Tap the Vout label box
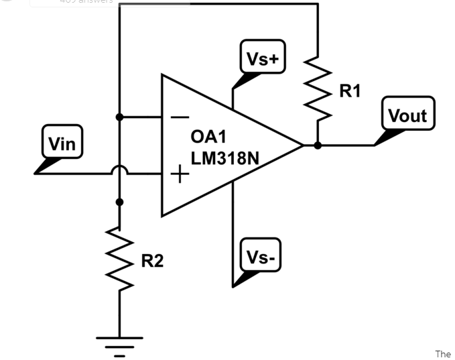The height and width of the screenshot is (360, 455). (408, 115)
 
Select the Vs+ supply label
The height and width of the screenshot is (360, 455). (263, 58)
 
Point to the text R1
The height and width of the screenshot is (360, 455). (350, 91)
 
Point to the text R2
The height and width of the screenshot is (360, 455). (152, 261)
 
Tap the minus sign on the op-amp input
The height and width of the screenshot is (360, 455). (180, 117)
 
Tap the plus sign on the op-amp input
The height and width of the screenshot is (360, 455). (180, 175)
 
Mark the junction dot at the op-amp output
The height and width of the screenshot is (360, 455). (317, 145)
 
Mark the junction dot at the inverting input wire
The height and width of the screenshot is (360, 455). (119, 117)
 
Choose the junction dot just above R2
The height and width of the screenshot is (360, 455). (119, 201)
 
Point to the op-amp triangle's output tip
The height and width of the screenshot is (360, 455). (302, 145)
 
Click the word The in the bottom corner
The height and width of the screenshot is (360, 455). (443, 353)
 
